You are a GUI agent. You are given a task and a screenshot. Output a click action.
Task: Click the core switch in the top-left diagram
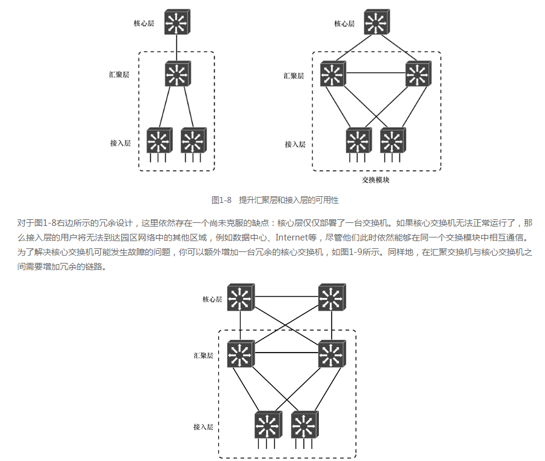[177, 22]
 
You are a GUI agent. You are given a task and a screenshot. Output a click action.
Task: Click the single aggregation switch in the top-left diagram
[178, 74]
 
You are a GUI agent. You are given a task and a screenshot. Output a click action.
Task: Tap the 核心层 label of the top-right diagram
[344, 24]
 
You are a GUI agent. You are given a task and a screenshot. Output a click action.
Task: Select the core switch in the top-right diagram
[377, 22]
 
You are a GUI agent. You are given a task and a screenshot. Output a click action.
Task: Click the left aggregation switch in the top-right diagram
[333, 74]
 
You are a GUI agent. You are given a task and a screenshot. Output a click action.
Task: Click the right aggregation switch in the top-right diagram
[418, 74]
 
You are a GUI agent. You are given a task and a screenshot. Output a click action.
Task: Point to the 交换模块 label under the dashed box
[375, 180]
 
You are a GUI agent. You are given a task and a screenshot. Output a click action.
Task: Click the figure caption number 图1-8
[221, 200]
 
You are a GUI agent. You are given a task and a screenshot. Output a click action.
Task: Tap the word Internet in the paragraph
[292, 237]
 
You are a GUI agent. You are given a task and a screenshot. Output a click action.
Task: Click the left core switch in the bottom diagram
[241, 297]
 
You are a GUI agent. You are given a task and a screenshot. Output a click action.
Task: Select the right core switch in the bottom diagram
[332, 297]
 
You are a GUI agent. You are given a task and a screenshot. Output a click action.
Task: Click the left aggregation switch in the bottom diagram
[241, 354]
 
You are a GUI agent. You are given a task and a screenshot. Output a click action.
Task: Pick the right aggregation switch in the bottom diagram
[332, 354]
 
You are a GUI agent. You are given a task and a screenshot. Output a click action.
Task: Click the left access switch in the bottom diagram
[268, 425]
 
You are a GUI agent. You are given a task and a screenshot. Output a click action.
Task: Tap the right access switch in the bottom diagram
[305, 425]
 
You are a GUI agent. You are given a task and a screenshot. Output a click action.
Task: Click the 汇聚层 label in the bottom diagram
[203, 356]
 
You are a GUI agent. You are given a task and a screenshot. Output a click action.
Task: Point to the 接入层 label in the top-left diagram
[120, 143]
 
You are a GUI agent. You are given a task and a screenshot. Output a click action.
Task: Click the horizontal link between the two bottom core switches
[287, 296]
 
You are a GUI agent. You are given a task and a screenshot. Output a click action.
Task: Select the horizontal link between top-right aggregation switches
[376, 73]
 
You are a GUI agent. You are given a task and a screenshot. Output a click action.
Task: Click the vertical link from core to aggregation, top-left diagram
[176, 48]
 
